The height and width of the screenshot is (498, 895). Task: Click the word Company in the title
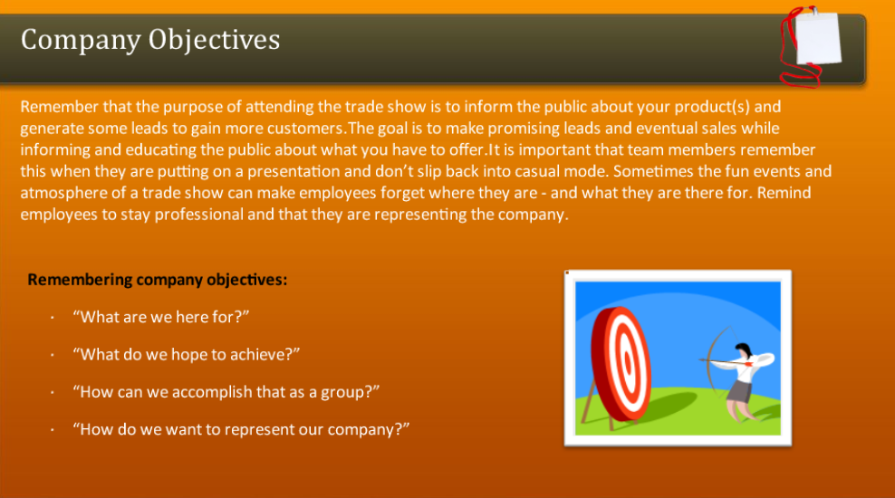(x=81, y=40)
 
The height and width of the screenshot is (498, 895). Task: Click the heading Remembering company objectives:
(x=158, y=280)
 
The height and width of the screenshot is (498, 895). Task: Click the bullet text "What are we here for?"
(x=160, y=317)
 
